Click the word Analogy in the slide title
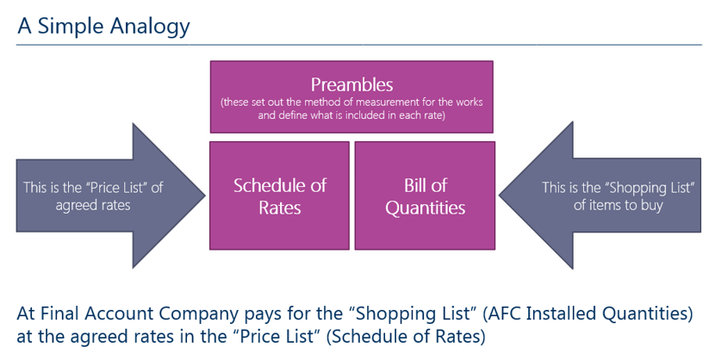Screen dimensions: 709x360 [150, 27]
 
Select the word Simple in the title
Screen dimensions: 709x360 [71, 27]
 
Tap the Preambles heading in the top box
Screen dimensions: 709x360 [351, 84]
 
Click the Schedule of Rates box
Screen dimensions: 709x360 [279, 196]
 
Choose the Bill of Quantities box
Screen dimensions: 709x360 [425, 196]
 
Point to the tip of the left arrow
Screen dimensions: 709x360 [205, 196]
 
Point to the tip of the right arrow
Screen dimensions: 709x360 [499, 196]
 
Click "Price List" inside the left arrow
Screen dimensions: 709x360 [119, 188]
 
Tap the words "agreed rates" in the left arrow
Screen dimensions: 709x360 [93, 205]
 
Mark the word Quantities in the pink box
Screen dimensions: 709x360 [425, 208]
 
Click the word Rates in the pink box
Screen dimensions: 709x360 [279, 208]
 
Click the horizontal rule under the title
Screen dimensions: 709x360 [359, 45]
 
